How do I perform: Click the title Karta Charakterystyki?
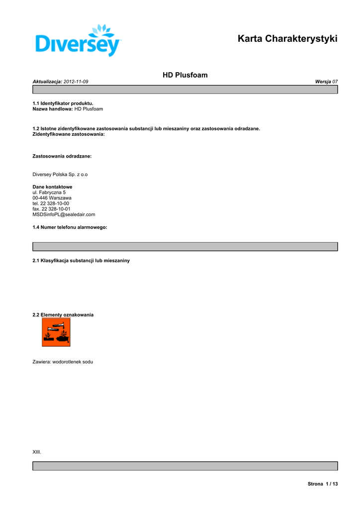[x=287, y=38]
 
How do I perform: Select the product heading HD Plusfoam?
[x=185, y=75]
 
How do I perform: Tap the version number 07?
[x=335, y=81]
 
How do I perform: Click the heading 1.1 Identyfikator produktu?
[x=63, y=103]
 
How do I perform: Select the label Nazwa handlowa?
[x=53, y=109]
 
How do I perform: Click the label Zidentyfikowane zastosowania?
[x=69, y=134]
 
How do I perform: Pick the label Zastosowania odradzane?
[x=62, y=156]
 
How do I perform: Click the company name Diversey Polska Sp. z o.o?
[x=60, y=174]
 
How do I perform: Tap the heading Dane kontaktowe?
[x=52, y=187]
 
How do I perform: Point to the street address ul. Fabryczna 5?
[x=49, y=192]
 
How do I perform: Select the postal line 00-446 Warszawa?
[x=52, y=198]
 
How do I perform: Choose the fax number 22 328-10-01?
[x=56, y=209]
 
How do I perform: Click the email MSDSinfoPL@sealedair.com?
[x=64, y=214]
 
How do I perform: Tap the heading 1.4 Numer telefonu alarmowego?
[x=70, y=227]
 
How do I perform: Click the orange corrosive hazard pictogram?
[x=56, y=332]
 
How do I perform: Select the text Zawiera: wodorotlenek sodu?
[x=63, y=362]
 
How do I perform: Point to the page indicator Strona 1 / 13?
[x=323, y=484]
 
